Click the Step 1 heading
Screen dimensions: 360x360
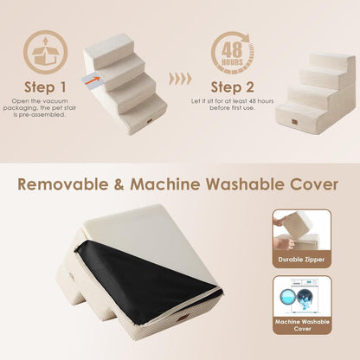pyautogui.click(x=44, y=87)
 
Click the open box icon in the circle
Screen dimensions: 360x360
pyautogui.click(x=45, y=51)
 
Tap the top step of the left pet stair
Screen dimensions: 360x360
pyautogui.click(x=109, y=48)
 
